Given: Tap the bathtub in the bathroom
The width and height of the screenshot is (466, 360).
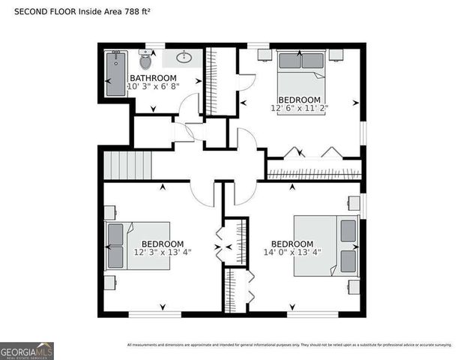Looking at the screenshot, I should [115, 73].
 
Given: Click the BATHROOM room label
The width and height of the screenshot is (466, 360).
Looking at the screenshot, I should [154, 78].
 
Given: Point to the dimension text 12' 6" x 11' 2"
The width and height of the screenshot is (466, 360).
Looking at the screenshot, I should [300, 108].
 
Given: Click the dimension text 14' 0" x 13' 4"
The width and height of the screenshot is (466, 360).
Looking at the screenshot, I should [292, 253].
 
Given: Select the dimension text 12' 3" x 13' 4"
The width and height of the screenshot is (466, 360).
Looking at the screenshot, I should [163, 253].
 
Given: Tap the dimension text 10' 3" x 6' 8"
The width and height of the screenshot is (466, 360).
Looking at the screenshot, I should [154, 87].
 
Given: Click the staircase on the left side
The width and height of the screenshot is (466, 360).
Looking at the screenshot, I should [127, 165].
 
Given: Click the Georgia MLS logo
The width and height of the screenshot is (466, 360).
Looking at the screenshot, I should [27, 350].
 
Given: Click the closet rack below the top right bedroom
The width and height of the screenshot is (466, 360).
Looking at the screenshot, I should [314, 175].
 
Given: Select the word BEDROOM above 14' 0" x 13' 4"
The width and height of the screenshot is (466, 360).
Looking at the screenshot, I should [292, 244].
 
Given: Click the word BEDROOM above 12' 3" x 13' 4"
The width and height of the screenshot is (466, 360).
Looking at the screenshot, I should [163, 244].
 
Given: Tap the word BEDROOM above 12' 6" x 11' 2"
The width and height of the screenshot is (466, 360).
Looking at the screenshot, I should [300, 99].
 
